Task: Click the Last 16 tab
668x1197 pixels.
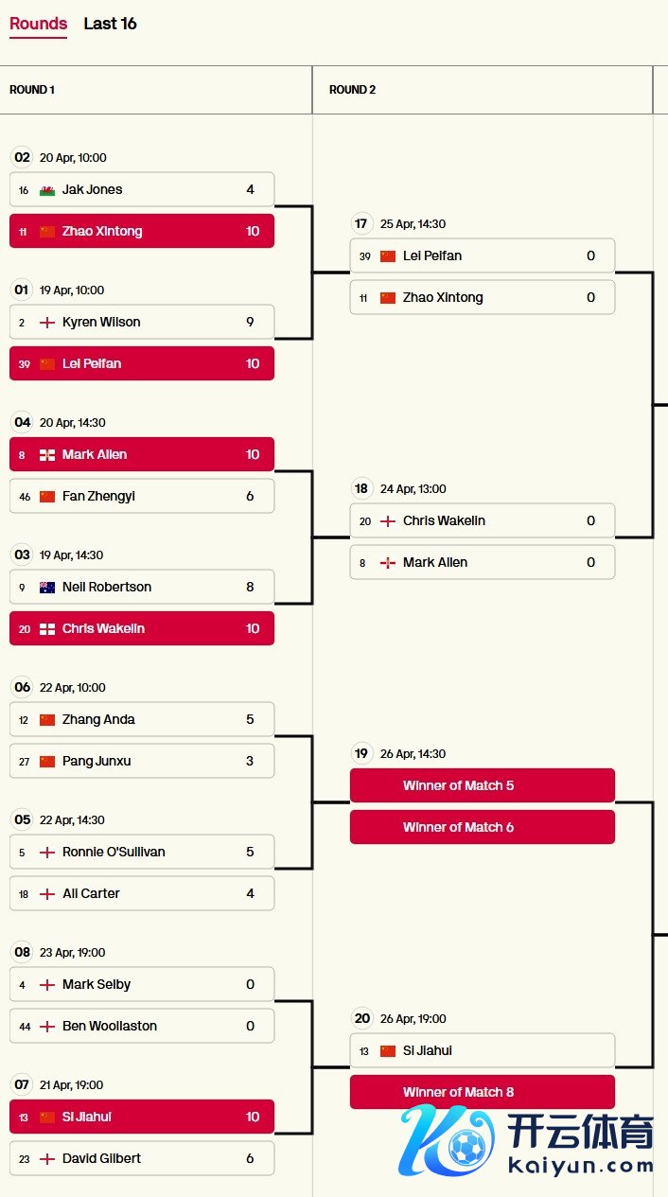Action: [110, 24]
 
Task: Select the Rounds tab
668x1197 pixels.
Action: [38, 24]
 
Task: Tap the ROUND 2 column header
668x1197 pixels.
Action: [352, 90]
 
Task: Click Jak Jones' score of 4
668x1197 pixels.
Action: [250, 189]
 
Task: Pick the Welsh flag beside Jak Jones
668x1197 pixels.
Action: [47, 190]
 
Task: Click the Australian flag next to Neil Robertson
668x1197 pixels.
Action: [47, 588]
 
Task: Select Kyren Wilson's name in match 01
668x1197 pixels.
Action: [101, 322]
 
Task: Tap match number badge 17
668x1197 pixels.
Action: [360, 223]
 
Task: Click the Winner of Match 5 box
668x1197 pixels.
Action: [483, 785]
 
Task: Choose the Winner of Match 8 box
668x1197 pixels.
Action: [483, 1092]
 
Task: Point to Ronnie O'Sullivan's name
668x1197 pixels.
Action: [114, 852]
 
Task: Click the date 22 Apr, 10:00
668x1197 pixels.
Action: [73, 688]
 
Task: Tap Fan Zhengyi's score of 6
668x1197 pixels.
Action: [250, 496]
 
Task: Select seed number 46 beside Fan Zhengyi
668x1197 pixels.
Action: [24, 497]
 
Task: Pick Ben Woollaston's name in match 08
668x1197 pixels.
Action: [110, 1026]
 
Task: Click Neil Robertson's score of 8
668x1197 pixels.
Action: [250, 587]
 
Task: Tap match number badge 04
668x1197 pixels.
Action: [23, 422]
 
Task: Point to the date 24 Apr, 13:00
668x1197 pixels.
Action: [413, 489]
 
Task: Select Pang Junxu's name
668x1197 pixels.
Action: [97, 761]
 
